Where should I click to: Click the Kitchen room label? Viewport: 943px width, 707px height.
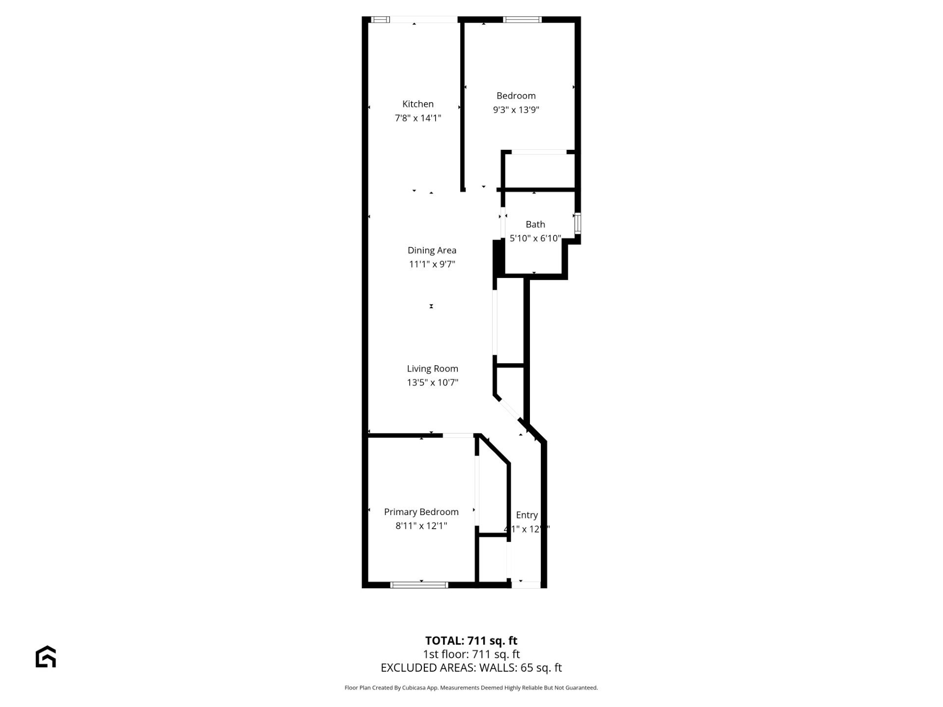coord(418,104)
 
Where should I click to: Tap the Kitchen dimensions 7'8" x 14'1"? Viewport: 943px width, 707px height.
coord(418,118)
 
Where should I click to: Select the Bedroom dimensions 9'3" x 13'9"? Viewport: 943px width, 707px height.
coord(516,109)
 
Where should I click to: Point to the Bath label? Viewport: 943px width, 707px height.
coord(535,224)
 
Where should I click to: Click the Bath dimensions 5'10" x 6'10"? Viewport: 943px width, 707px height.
coord(535,238)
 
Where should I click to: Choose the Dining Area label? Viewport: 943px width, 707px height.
coord(432,250)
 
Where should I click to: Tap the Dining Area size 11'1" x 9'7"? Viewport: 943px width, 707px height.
coord(432,264)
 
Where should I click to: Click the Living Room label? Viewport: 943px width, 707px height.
coord(432,369)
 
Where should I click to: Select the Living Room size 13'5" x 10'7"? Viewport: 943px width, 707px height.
coord(432,382)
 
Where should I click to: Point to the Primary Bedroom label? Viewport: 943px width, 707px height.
coord(421,512)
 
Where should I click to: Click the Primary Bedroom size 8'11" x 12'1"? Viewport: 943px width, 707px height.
coord(421,526)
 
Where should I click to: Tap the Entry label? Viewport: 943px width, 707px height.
coord(527,515)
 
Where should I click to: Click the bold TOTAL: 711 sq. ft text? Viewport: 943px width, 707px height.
coord(471,641)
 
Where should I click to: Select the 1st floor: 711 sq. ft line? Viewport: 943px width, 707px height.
coord(471,654)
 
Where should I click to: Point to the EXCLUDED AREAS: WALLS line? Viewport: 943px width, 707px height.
coord(471,668)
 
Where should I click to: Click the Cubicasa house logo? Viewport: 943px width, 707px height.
coord(46,656)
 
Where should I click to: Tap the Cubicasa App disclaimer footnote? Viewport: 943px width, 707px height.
coord(471,688)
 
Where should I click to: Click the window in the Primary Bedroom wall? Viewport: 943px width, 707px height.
coord(419,585)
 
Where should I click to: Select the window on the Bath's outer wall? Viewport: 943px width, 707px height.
coord(578,222)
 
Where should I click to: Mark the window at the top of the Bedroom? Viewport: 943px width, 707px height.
coord(522,20)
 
